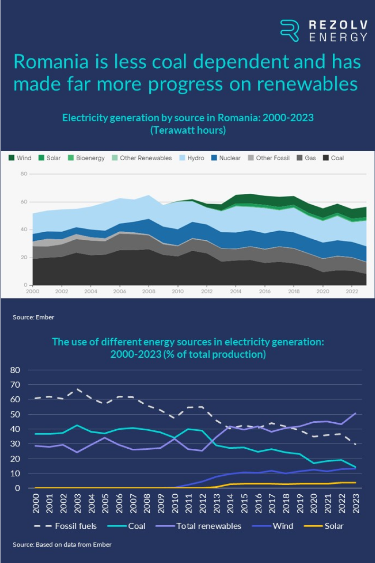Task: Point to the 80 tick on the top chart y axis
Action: tap(24, 174)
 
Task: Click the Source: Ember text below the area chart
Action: tap(33, 317)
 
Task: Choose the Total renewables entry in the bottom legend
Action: tap(209, 526)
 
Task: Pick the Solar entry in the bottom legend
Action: tap(334, 526)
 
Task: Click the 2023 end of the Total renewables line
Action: tap(355, 413)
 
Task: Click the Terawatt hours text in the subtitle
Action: tap(188, 130)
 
